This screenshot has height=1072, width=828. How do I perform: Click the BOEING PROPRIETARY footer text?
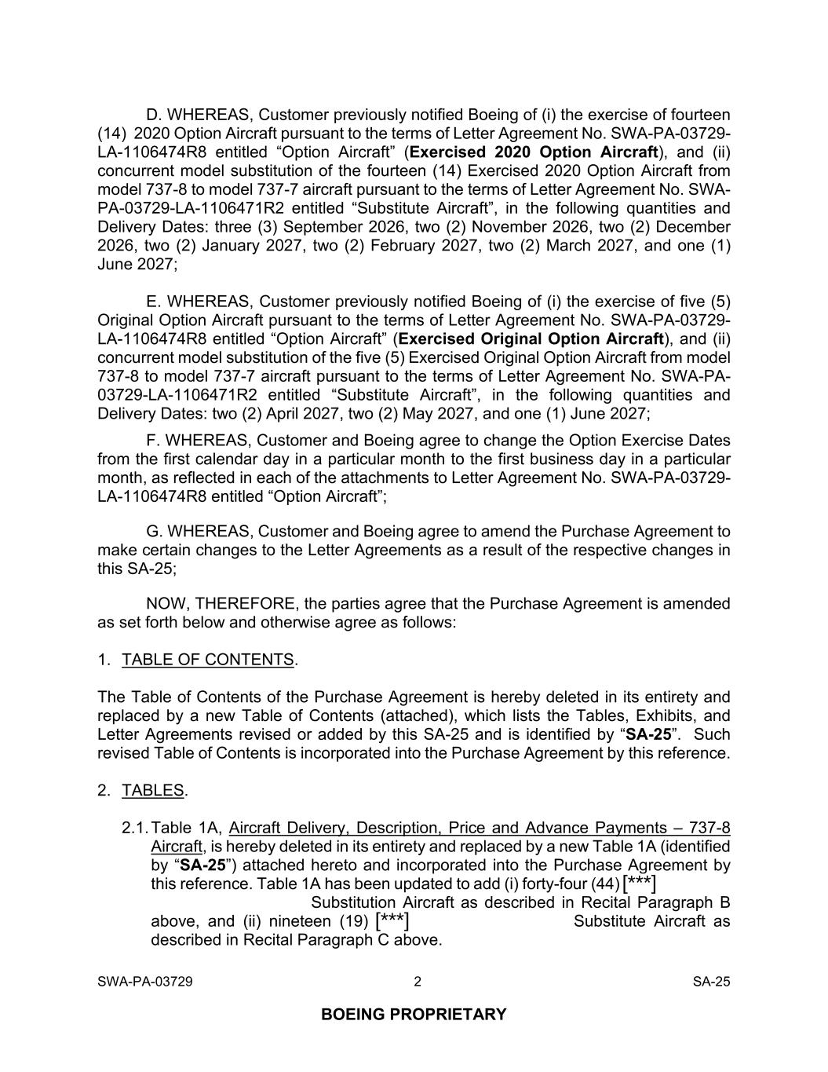414,1014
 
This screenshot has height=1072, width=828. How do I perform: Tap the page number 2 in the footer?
418,981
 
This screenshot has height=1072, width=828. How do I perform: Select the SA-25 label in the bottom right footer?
711,981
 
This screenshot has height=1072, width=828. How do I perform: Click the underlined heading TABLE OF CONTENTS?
208,660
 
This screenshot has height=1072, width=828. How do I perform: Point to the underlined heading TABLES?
153,791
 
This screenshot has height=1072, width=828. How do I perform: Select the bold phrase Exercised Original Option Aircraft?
531,339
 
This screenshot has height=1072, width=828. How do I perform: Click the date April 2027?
303,414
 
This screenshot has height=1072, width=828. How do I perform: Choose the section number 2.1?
135,829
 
